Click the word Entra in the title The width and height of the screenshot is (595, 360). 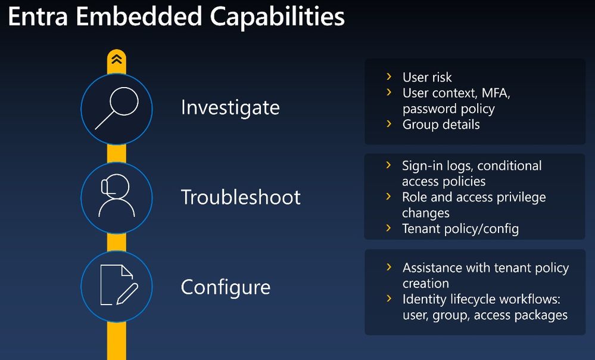click(38, 16)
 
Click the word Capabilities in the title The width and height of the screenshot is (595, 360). click(278, 17)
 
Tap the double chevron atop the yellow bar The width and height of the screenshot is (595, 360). click(117, 59)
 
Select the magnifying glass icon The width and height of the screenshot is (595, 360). click(117, 108)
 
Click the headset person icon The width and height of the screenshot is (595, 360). click(117, 196)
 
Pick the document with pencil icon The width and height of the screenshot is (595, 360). click(119, 285)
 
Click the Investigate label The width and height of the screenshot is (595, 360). click(230, 108)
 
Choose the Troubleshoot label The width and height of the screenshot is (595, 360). click(241, 197)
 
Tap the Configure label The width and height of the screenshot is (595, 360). click(225, 287)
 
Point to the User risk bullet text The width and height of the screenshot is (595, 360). click(427, 77)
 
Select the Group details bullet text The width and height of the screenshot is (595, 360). click(441, 125)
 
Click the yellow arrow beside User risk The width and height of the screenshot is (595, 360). click(388, 77)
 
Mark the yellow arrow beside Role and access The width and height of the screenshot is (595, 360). click(388, 196)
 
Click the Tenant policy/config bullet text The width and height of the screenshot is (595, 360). click(460, 229)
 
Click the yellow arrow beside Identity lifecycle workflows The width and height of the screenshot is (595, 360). click(388, 299)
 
